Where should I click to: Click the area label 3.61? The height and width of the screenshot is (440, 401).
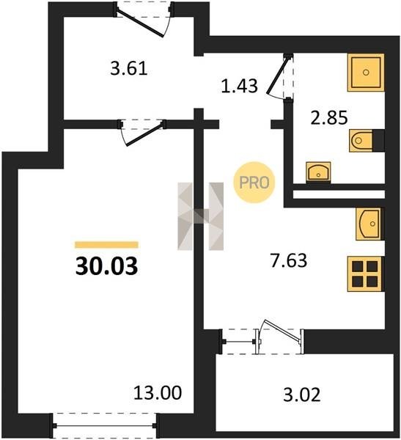pos(129,69)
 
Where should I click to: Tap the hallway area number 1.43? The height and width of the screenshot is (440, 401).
pos(239,86)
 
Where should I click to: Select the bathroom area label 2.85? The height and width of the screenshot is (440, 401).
pos(329,117)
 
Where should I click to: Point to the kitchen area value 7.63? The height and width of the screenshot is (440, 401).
pos(289,260)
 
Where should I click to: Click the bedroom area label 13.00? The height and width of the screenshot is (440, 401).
pos(158,392)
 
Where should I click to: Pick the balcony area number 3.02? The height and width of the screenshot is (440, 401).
pos(302,395)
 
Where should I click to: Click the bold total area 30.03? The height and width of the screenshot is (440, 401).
pos(106,266)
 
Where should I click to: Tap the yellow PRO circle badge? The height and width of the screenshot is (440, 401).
pos(254,183)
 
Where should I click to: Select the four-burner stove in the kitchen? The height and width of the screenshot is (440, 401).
pos(365,274)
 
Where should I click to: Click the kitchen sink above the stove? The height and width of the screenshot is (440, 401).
pos(369,224)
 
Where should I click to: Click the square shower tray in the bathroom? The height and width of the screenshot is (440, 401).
pos(366,73)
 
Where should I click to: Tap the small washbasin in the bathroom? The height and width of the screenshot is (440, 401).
pos(318,172)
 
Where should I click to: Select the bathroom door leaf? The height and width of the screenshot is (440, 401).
pos(278,74)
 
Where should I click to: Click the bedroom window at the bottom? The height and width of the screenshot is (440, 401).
pos(104,425)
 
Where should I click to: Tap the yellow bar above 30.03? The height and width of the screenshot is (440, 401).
pos(106,245)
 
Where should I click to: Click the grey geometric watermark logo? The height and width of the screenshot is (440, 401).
pos(201,216)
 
